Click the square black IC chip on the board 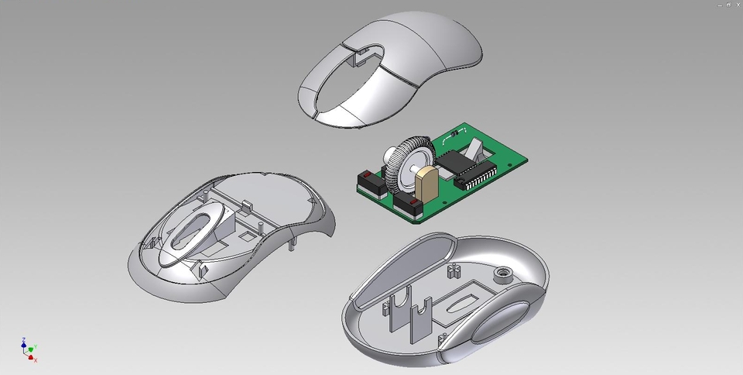[450, 160]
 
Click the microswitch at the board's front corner [409, 208]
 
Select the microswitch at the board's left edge [366, 184]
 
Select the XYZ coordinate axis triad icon [29, 349]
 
